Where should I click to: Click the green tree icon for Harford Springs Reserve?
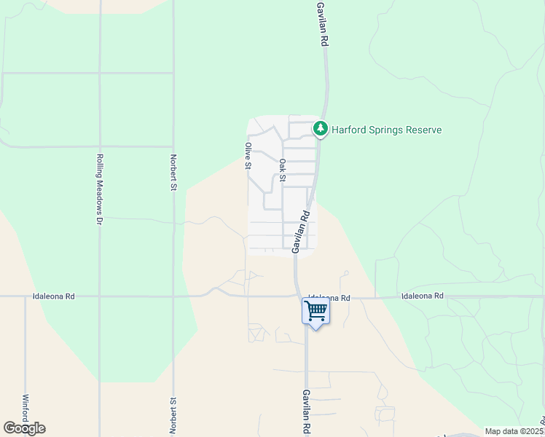pos(320,129)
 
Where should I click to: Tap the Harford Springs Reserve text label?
pos(387,130)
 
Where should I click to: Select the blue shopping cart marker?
pos(315,311)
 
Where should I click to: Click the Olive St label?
pos(248,155)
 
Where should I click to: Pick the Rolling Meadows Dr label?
pos(100,189)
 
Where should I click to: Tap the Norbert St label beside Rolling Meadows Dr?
pos(173,173)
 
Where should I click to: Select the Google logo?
pos(24,428)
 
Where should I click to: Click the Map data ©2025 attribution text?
pos(514,431)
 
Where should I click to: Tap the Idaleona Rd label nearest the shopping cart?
pos(329,298)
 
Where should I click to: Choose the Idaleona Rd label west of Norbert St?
pos(54,297)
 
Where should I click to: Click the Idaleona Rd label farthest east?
pos(423,296)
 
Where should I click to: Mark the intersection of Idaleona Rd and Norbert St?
pos(173,296)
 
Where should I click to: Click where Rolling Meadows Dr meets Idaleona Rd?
pos(100,296)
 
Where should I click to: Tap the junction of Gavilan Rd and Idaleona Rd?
pos(299,296)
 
